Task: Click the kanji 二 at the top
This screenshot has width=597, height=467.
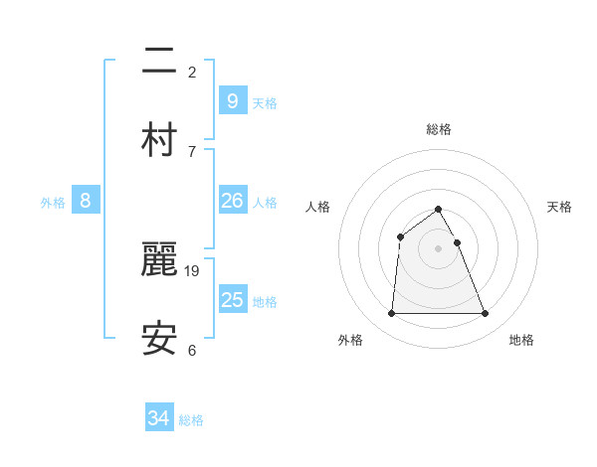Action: click(159, 62)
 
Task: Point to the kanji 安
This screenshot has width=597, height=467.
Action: click(159, 339)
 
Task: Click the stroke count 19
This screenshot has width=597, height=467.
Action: click(193, 270)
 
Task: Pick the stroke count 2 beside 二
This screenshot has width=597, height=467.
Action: click(192, 72)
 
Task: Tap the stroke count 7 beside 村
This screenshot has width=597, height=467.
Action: click(192, 151)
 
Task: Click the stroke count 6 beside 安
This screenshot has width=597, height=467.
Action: click(192, 350)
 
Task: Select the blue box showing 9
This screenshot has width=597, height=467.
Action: click(232, 100)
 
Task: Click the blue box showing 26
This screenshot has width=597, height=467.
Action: click(232, 201)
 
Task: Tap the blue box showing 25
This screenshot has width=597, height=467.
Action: click(232, 300)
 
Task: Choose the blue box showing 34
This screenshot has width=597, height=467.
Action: click(159, 418)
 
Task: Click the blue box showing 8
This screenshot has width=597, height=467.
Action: click(86, 201)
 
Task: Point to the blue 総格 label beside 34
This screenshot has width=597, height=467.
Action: click(191, 420)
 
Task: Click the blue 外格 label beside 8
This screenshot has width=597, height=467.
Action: click(53, 203)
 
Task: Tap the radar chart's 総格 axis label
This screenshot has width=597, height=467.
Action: click(439, 129)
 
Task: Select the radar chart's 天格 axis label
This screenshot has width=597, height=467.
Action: click(560, 207)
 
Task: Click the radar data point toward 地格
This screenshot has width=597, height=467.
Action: click(486, 314)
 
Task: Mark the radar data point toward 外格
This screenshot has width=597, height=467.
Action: click(391, 314)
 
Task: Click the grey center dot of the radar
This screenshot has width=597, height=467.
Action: click(439, 248)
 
